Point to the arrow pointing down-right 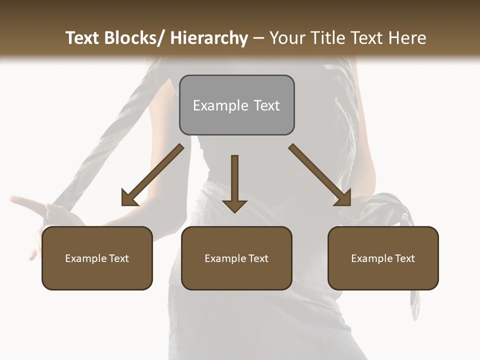(x=317, y=172)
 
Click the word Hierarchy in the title (x=209, y=38)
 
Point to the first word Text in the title (x=83, y=38)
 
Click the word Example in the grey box (x=220, y=106)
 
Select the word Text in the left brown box (x=119, y=258)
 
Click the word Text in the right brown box (x=405, y=258)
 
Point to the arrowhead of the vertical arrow (x=234, y=205)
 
